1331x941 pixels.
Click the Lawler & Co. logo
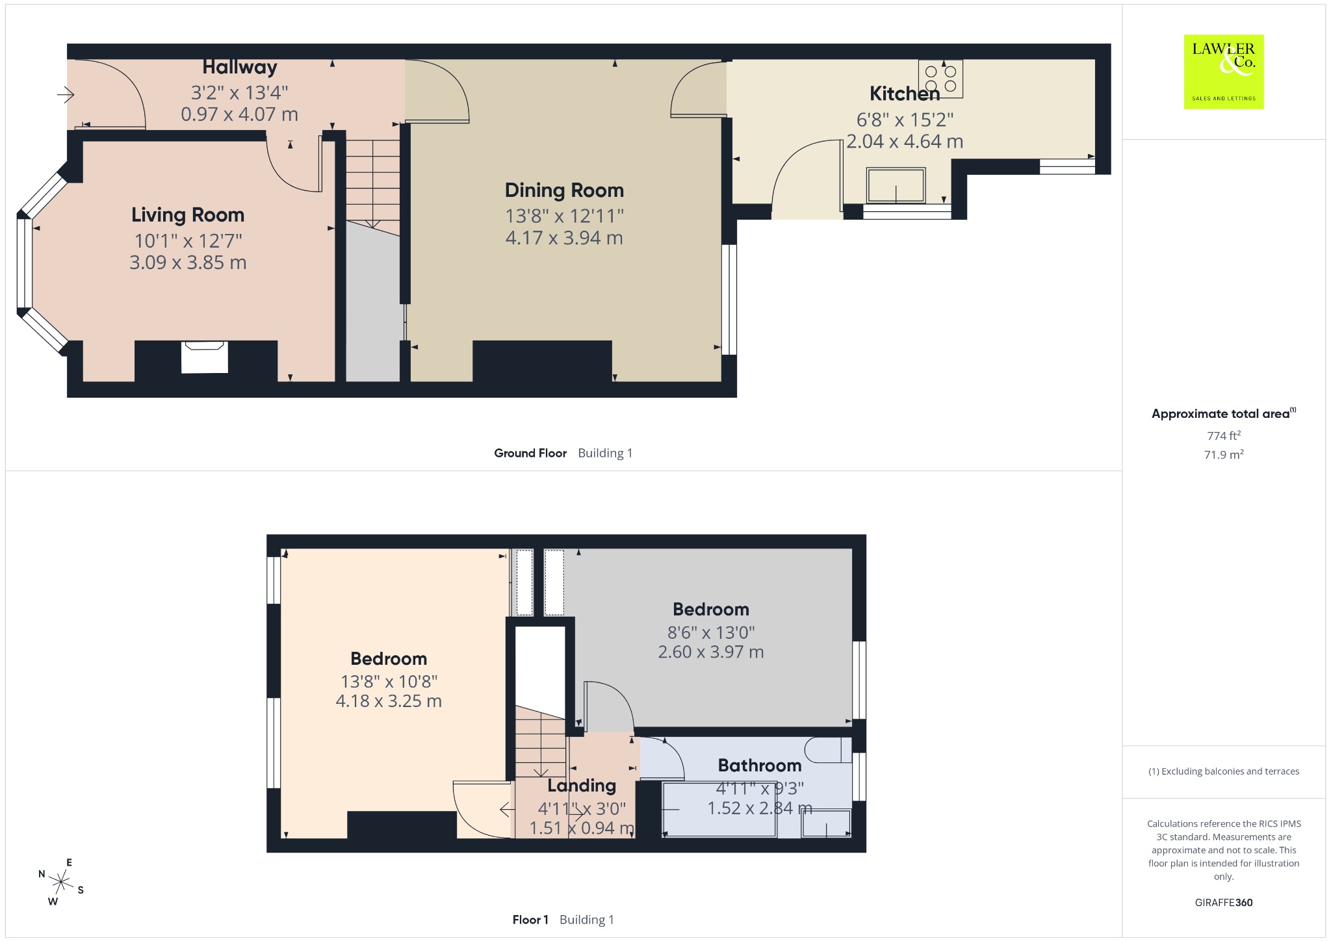click(x=1224, y=71)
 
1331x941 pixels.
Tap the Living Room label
click(x=188, y=215)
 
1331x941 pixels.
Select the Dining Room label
click(x=564, y=190)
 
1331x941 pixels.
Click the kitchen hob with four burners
click(x=940, y=79)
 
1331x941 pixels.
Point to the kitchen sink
click(x=896, y=185)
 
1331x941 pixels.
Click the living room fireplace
click(x=205, y=357)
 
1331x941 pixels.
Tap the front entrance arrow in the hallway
click(x=66, y=96)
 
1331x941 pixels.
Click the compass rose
click(x=61, y=882)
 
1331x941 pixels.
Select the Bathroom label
click(x=760, y=766)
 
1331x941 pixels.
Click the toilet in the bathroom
click(x=828, y=750)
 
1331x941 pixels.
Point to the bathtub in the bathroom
click(x=719, y=810)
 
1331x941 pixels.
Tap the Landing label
click(x=582, y=786)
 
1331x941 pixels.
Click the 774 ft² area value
click(x=1224, y=435)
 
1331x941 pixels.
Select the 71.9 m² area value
click(x=1224, y=454)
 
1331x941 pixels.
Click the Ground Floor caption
click(x=530, y=453)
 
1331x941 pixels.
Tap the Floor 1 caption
click(x=530, y=920)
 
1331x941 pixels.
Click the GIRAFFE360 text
click(x=1224, y=902)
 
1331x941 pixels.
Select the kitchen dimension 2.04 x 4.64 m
click(x=905, y=142)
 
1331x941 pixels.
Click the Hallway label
click(x=240, y=67)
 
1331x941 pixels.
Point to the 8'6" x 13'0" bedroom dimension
click(x=711, y=632)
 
